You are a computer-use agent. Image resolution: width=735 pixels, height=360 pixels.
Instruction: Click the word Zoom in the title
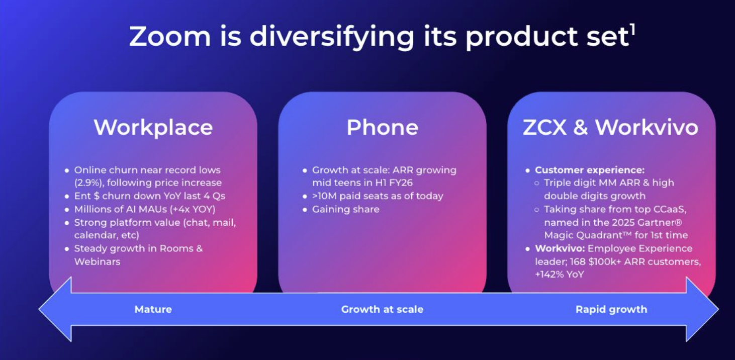170,36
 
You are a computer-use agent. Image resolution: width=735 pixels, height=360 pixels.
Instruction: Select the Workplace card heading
153,128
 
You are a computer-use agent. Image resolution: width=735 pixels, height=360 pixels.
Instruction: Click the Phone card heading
382,127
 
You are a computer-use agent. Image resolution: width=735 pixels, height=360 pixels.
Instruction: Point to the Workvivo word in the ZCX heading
647,127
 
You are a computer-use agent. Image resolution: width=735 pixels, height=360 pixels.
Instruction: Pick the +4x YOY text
193,209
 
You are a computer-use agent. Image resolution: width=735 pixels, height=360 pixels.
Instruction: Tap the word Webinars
97,261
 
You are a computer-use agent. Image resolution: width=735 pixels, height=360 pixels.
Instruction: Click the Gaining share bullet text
345,209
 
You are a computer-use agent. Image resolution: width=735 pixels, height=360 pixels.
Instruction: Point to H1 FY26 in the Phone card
394,183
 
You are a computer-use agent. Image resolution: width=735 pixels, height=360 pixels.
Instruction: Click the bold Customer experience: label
590,170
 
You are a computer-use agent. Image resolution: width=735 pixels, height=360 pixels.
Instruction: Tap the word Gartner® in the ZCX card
660,223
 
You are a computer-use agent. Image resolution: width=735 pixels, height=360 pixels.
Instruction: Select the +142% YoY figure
560,275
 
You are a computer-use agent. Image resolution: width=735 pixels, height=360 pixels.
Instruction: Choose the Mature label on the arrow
153,309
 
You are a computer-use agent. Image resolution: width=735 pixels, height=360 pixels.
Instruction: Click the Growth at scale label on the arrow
382,309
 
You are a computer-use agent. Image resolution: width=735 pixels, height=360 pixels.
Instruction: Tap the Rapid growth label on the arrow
611,309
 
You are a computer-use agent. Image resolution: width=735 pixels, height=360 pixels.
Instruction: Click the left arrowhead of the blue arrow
55,309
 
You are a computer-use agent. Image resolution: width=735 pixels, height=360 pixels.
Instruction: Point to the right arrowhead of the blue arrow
702,309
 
